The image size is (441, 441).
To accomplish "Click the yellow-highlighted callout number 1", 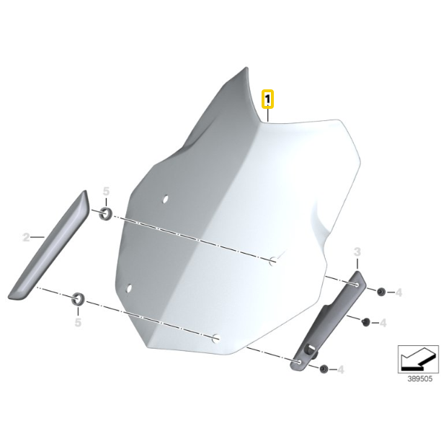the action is point(267,99).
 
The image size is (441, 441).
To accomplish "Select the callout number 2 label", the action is point(26,237).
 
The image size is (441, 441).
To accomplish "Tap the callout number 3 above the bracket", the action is point(357,251).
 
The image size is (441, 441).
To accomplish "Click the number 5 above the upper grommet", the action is point(106,191).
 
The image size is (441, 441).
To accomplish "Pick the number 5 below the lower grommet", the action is point(78,322).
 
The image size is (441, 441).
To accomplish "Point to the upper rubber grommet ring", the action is point(105,214).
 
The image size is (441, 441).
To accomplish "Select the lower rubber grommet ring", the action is point(78,299).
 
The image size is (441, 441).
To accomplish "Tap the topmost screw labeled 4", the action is point(381,292).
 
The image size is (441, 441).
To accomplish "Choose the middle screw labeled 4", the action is point(366,322).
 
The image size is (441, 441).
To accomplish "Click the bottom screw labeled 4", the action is point(324,369).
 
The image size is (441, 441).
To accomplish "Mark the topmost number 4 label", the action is point(398,293).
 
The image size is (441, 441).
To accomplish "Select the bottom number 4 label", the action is point(341,370).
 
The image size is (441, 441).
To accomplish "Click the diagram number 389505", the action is point(420,379).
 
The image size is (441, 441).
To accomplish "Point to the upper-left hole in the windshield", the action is point(166,199).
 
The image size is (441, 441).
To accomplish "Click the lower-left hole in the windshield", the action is point(129,288).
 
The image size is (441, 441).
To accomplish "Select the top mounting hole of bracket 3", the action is point(357,285).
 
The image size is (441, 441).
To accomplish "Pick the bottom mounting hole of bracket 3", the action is point(299,362).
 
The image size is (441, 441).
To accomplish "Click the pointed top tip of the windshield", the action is point(246,68).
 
